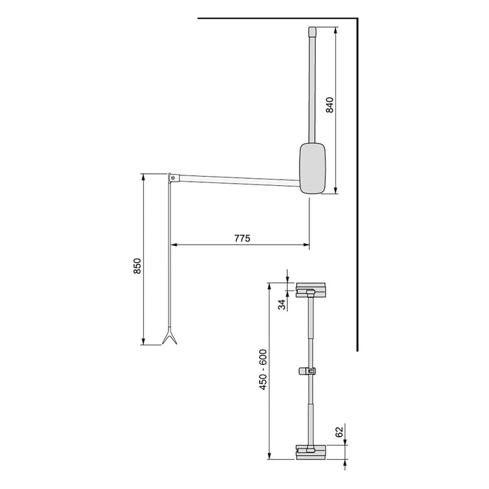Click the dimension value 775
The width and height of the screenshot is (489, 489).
pos(241,238)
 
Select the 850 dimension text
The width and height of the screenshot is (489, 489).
pos(138,268)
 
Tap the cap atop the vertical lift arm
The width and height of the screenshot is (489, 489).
pos(312,31)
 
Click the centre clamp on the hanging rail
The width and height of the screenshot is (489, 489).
pos(308,371)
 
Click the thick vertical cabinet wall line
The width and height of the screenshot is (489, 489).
pos(359,182)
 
